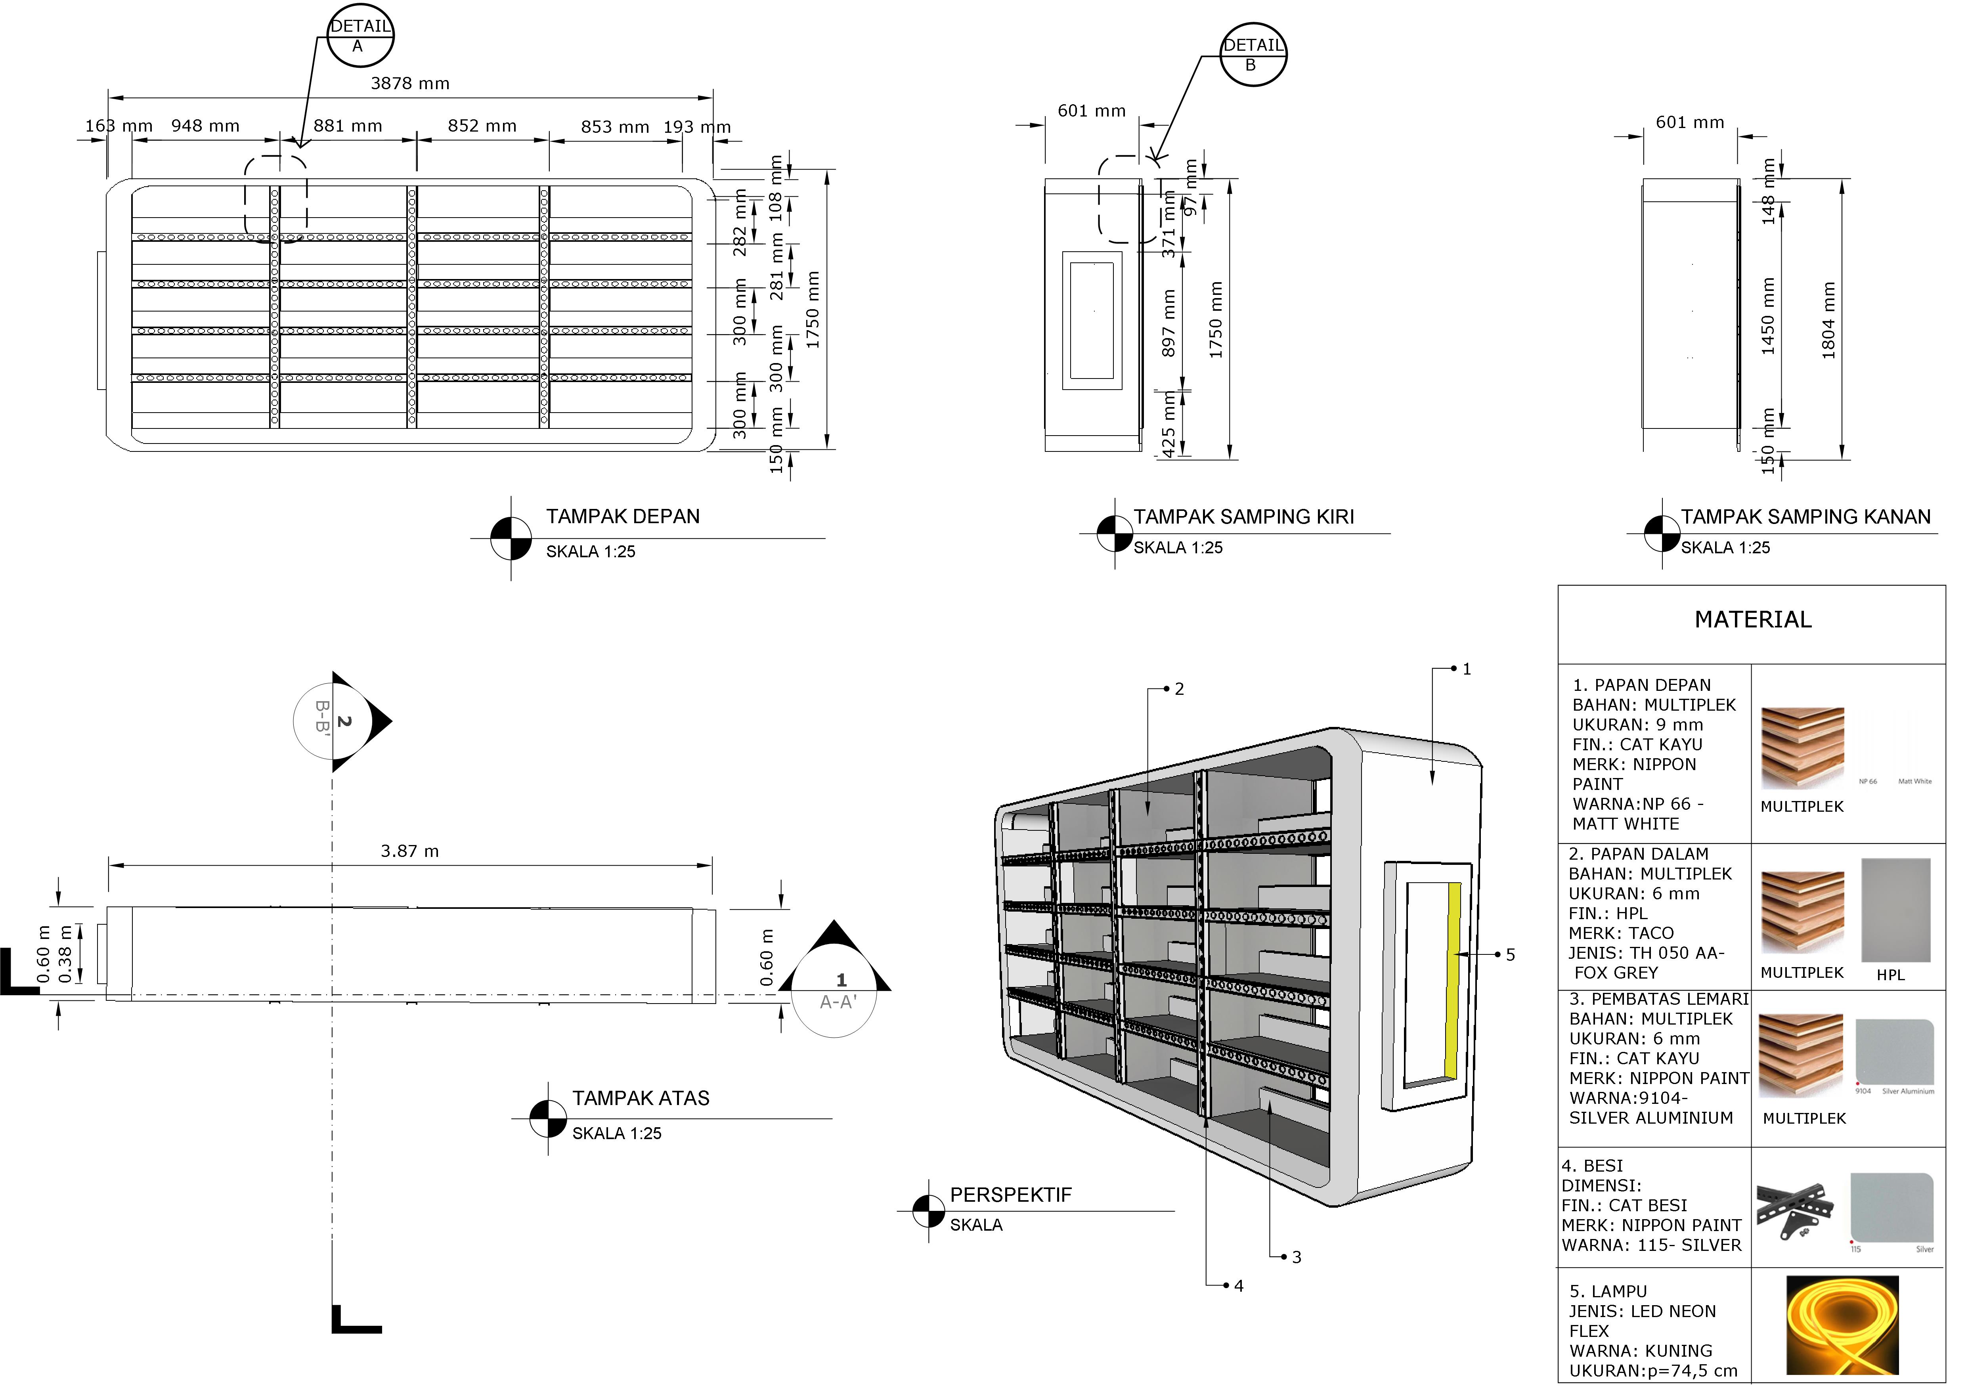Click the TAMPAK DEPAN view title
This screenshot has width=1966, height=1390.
click(x=623, y=516)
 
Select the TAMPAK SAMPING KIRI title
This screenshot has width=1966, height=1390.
click(x=1243, y=516)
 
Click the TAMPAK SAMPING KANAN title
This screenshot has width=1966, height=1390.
click(x=1805, y=516)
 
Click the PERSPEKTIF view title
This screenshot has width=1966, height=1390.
click(x=1010, y=1195)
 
